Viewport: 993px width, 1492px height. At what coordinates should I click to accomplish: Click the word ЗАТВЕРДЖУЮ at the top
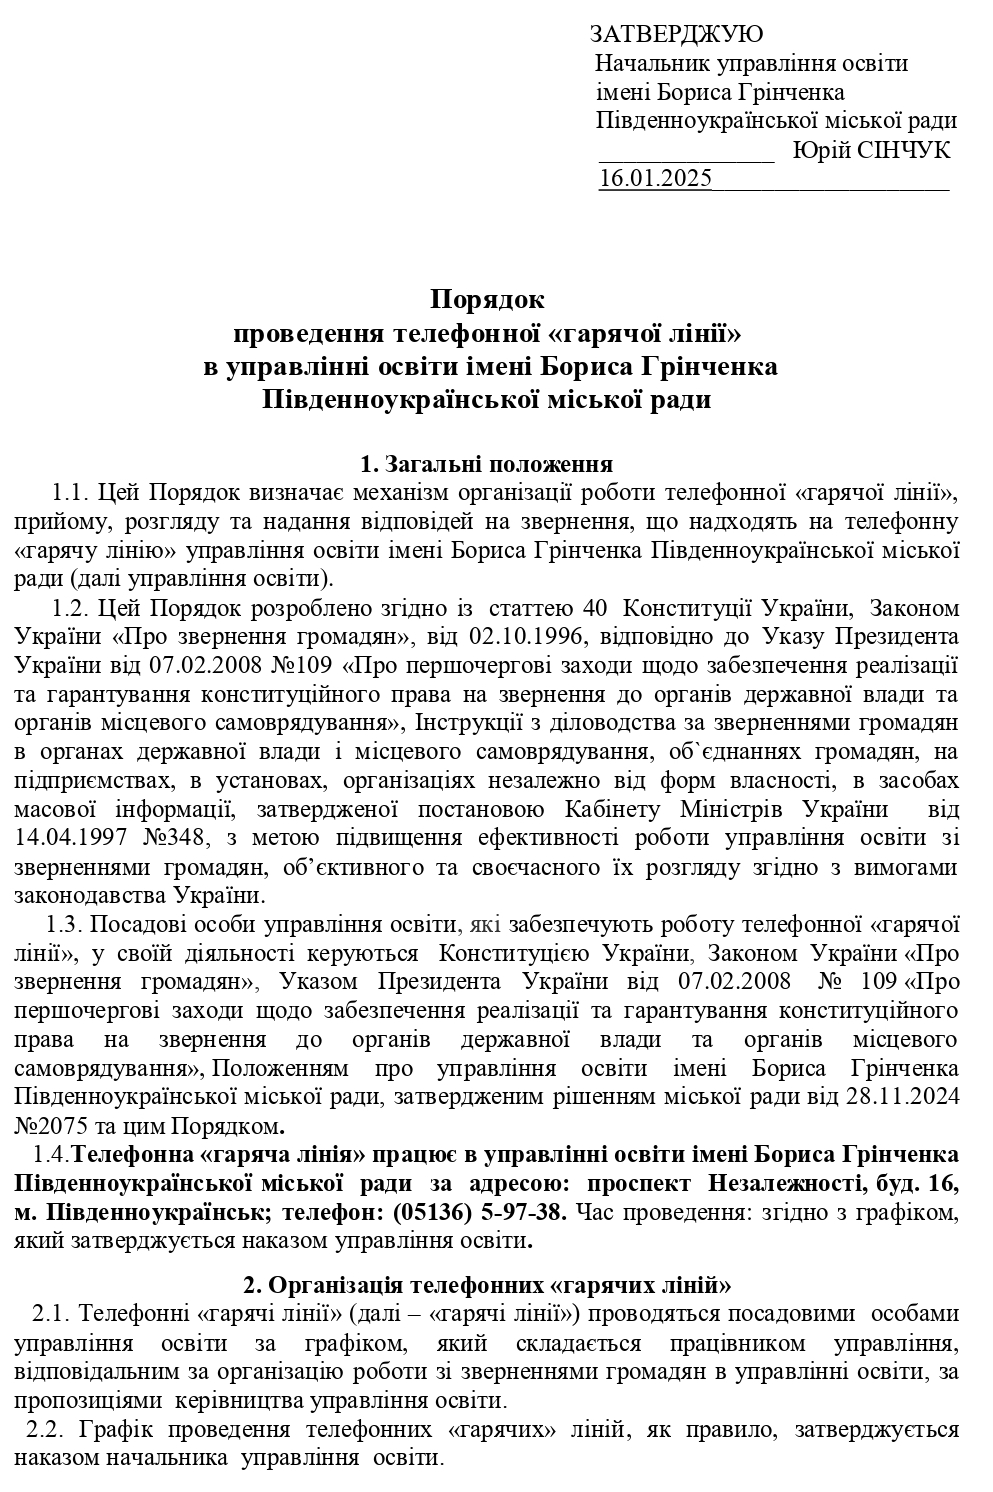click(677, 35)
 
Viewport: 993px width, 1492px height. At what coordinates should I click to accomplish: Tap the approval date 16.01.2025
click(655, 179)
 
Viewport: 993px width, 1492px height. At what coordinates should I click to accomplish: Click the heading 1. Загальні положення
click(486, 464)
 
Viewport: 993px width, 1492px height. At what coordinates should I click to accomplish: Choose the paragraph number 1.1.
click(71, 493)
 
